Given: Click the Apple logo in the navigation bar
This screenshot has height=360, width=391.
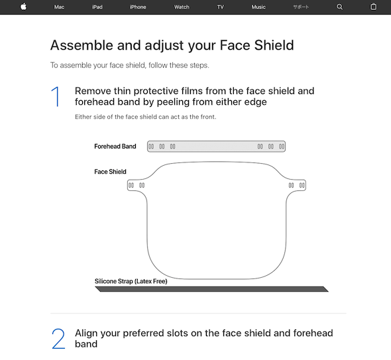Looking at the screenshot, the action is point(23,7).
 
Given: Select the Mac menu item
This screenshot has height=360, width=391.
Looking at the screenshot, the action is point(59,7).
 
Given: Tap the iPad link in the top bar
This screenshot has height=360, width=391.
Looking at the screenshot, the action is point(97,7).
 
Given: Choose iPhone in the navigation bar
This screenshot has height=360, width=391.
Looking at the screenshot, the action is point(138,7).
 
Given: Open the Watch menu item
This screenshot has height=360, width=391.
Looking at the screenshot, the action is point(182,7).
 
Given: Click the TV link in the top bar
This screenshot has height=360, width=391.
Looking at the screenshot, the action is point(221,7).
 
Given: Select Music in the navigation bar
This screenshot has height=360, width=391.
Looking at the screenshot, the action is point(258,7).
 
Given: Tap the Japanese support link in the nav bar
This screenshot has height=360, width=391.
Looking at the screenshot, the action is point(301,7).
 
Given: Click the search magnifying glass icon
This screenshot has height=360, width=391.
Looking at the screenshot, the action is point(339,7).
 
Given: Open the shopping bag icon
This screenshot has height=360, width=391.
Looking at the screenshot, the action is point(373,7).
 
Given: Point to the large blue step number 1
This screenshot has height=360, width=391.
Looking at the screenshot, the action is point(56,97).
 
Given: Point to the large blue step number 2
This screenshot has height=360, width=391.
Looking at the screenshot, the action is point(58,339).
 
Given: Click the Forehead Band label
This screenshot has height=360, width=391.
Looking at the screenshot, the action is point(115,147).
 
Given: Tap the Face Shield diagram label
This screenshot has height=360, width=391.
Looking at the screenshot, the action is point(110,172).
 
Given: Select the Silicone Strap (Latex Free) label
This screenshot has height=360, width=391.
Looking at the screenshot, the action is point(131,281).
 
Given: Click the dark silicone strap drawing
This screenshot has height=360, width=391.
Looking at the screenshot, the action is point(211,289).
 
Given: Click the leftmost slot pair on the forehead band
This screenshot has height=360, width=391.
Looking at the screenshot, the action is point(151,147).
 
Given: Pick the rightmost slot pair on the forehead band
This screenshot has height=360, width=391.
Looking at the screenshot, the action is point(282,147).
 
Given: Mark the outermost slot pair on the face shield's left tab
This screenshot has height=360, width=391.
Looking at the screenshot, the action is point(131,185).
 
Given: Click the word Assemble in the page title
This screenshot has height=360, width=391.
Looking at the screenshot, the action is point(82,45).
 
